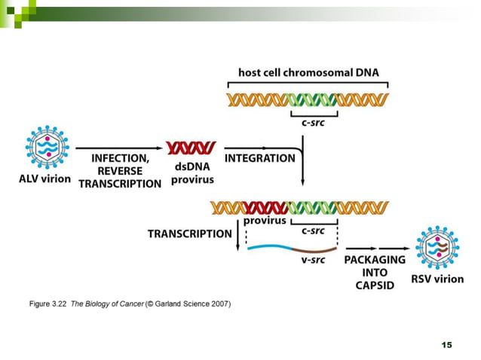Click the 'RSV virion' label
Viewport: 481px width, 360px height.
pyautogui.click(x=437, y=279)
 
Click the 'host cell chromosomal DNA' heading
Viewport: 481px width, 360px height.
pyautogui.click(x=308, y=73)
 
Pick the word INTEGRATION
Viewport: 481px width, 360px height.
pyautogui.click(x=259, y=158)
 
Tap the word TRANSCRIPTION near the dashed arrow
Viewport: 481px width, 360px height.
pyautogui.click(x=189, y=233)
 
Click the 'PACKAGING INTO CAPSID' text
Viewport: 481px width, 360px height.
pyautogui.click(x=375, y=272)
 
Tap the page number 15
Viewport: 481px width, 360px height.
pyautogui.click(x=446, y=344)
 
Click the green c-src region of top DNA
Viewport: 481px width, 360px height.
pyautogui.click(x=314, y=99)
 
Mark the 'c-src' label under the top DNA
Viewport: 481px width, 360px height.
pyautogui.click(x=314, y=122)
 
